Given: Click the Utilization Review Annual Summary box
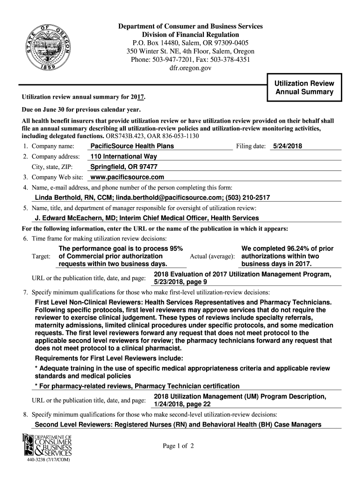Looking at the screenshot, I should tap(304, 87).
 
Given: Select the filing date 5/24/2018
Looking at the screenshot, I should tap(288, 146).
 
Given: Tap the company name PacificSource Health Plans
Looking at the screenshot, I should tap(132, 146).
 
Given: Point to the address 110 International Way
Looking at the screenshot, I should tap(124, 157).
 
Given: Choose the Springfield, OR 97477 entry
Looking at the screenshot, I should tap(123, 167).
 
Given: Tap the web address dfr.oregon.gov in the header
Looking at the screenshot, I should tap(190, 68).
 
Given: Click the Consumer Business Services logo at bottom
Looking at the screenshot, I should tap(47, 445).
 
